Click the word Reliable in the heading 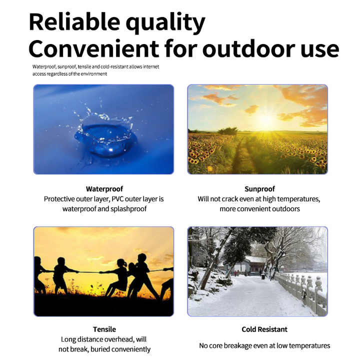[74, 22]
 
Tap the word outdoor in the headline [248, 49]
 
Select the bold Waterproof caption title [104, 189]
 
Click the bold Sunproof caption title [259, 189]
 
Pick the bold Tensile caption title [104, 329]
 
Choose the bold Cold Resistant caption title [264, 329]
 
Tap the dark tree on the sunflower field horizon [228, 131]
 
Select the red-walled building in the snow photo [256, 264]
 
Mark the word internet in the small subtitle [151, 66]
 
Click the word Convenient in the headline [93, 49]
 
